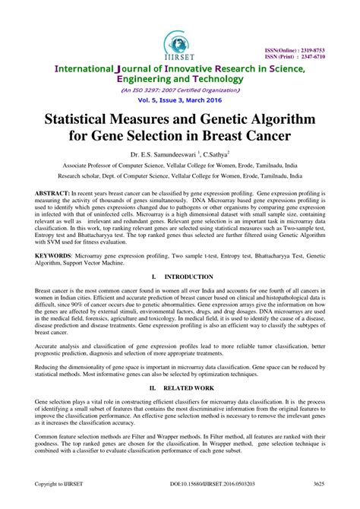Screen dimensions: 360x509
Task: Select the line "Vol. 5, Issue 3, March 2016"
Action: pos(180,100)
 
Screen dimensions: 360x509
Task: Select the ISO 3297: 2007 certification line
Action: pos(180,90)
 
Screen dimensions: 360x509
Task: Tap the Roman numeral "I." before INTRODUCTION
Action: pos(154,278)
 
